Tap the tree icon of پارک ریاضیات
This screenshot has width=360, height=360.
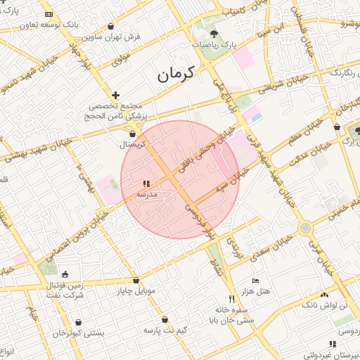pos(213,34)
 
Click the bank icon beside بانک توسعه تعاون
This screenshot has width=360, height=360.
pos(48,14)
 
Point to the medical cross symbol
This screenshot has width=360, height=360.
pos(116,94)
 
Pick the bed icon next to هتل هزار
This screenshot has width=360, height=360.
pos(255,281)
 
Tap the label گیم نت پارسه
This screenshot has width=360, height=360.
pos(161,330)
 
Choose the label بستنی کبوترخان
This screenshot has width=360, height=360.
pos(79,331)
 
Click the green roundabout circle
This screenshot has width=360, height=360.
pos(305,228)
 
